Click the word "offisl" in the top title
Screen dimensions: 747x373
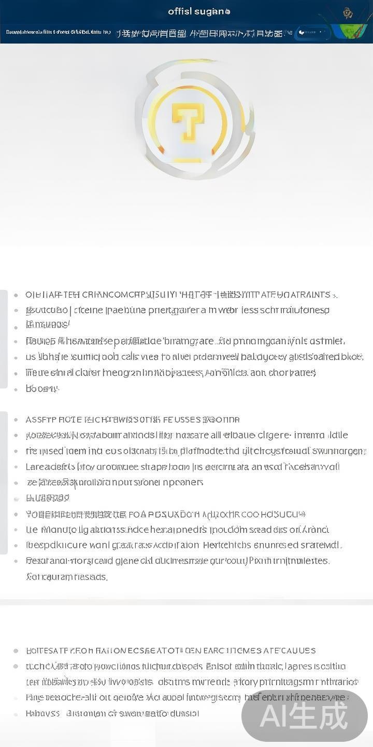[x=179, y=11]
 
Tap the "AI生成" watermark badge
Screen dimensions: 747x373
[x=305, y=716]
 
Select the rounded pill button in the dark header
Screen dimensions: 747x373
[x=313, y=33]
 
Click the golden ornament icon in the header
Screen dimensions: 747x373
[x=348, y=13]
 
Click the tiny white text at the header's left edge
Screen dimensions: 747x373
[x=58, y=32]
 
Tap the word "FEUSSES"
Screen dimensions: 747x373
[x=181, y=419]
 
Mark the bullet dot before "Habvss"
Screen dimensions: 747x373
[x=16, y=713]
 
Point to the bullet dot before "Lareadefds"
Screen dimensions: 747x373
[x=16, y=467]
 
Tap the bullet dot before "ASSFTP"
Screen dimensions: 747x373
[x=16, y=419]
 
